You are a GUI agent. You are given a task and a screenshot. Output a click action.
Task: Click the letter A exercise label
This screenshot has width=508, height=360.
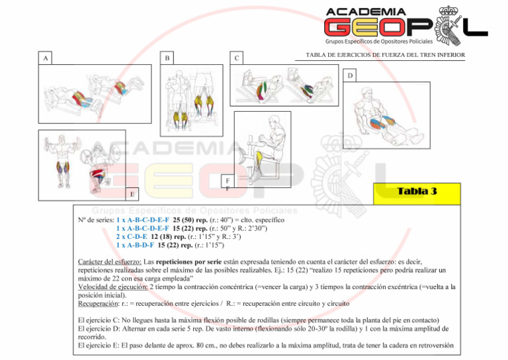tap(45, 58)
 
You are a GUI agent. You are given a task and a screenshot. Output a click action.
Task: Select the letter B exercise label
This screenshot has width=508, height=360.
tap(167, 58)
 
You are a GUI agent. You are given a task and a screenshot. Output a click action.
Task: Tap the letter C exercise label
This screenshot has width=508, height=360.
tap(237, 58)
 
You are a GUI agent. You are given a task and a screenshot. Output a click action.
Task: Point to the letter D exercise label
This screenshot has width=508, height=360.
tap(351, 75)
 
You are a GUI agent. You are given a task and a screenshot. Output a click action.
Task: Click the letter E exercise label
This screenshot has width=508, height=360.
tap(132, 194)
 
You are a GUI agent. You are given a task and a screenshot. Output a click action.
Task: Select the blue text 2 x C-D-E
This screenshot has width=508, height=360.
tap(132, 236)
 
